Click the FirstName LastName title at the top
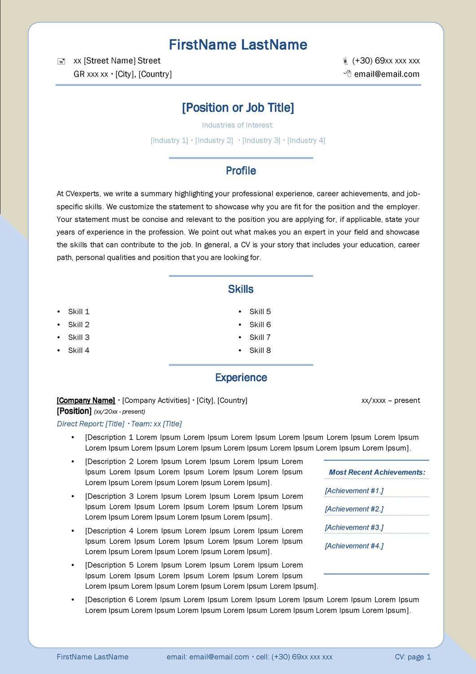point(238,45)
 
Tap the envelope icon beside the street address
point(62,62)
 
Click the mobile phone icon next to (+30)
point(345,61)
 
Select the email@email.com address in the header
point(387,74)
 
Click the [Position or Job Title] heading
point(238,108)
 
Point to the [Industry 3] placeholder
point(261,141)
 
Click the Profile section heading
point(241,171)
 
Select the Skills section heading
point(241,289)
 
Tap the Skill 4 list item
point(79,350)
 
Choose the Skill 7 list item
point(260,337)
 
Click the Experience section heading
point(241,378)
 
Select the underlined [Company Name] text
point(86,400)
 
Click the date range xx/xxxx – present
point(391,400)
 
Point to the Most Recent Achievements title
point(377,472)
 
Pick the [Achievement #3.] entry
point(354,528)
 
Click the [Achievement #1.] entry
point(354,491)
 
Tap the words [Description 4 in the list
point(109,531)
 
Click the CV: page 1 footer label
point(413,657)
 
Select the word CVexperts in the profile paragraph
point(82,194)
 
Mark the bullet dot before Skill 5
point(240,312)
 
